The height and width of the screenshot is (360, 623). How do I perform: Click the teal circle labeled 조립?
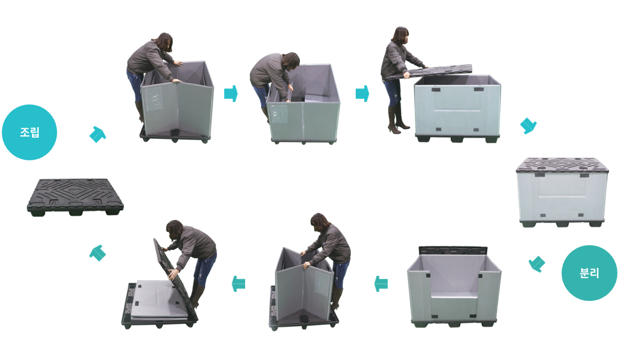pyautogui.click(x=29, y=132)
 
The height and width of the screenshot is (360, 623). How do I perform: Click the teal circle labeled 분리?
pyautogui.click(x=589, y=273)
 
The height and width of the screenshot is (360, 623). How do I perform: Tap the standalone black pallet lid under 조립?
pyautogui.click(x=75, y=196)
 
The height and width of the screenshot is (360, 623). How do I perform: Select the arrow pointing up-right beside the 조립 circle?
pyautogui.click(x=98, y=135)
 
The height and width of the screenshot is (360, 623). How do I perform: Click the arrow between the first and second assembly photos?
pyautogui.click(x=231, y=94)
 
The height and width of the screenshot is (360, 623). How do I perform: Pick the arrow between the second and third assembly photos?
pyautogui.click(x=362, y=94)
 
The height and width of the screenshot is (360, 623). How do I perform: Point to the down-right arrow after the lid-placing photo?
pyautogui.click(x=528, y=126)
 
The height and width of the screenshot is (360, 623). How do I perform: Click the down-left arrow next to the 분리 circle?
pyautogui.click(x=537, y=264)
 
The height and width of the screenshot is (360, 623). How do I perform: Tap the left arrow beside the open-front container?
pyautogui.click(x=381, y=283)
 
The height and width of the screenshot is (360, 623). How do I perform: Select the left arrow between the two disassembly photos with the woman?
pyautogui.click(x=238, y=284)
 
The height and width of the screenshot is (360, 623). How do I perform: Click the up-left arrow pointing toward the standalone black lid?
pyautogui.click(x=98, y=252)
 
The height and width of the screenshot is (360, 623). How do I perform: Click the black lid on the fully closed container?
pyautogui.click(x=562, y=165)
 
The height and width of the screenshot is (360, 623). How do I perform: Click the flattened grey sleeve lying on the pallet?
pyautogui.click(x=160, y=299)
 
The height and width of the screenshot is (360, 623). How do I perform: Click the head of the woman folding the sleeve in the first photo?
pyautogui.click(x=164, y=41)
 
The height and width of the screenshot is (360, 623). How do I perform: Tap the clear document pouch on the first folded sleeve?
pyautogui.click(x=154, y=98)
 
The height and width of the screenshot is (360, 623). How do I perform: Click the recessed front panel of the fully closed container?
pyautogui.click(x=562, y=194)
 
